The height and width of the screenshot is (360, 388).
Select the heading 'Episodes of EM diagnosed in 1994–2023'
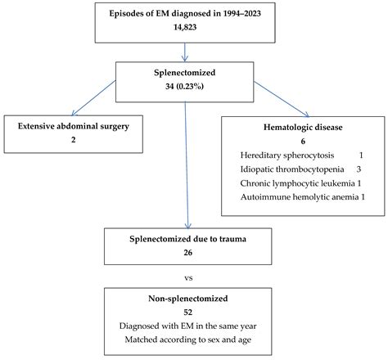(x=187, y=13)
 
